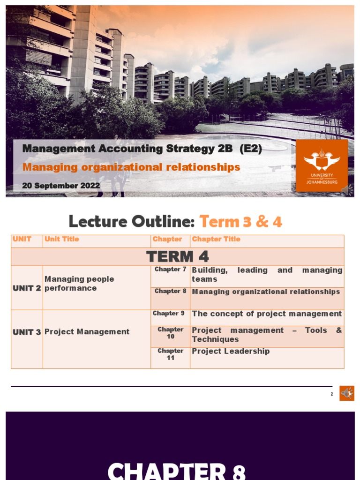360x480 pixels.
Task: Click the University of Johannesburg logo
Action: [x=322, y=165]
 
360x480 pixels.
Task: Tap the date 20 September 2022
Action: [x=61, y=186]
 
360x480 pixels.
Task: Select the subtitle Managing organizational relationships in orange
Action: [x=131, y=167]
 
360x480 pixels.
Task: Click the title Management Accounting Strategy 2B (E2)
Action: [x=142, y=149]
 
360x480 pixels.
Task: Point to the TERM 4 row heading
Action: [x=177, y=256]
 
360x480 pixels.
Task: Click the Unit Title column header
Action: [x=62, y=239]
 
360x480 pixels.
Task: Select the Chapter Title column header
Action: [x=216, y=239]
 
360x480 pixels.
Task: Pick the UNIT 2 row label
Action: [x=27, y=288]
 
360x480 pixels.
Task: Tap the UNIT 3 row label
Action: [x=27, y=332]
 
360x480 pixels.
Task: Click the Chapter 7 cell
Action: [x=170, y=270]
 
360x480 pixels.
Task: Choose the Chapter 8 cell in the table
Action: [x=170, y=291]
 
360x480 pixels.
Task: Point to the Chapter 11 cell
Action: [x=170, y=354]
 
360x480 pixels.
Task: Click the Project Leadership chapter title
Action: [x=231, y=351]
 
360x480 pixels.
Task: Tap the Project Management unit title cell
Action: [x=87, y=332]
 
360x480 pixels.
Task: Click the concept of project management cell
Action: [x=267, y=314]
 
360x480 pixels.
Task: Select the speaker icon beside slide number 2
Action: [x=347, y=393]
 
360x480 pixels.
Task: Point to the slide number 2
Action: [x=332, y=394]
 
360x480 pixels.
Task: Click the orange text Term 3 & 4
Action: [x=240, y=221]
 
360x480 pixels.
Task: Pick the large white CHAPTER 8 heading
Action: [x=177, y=470]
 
